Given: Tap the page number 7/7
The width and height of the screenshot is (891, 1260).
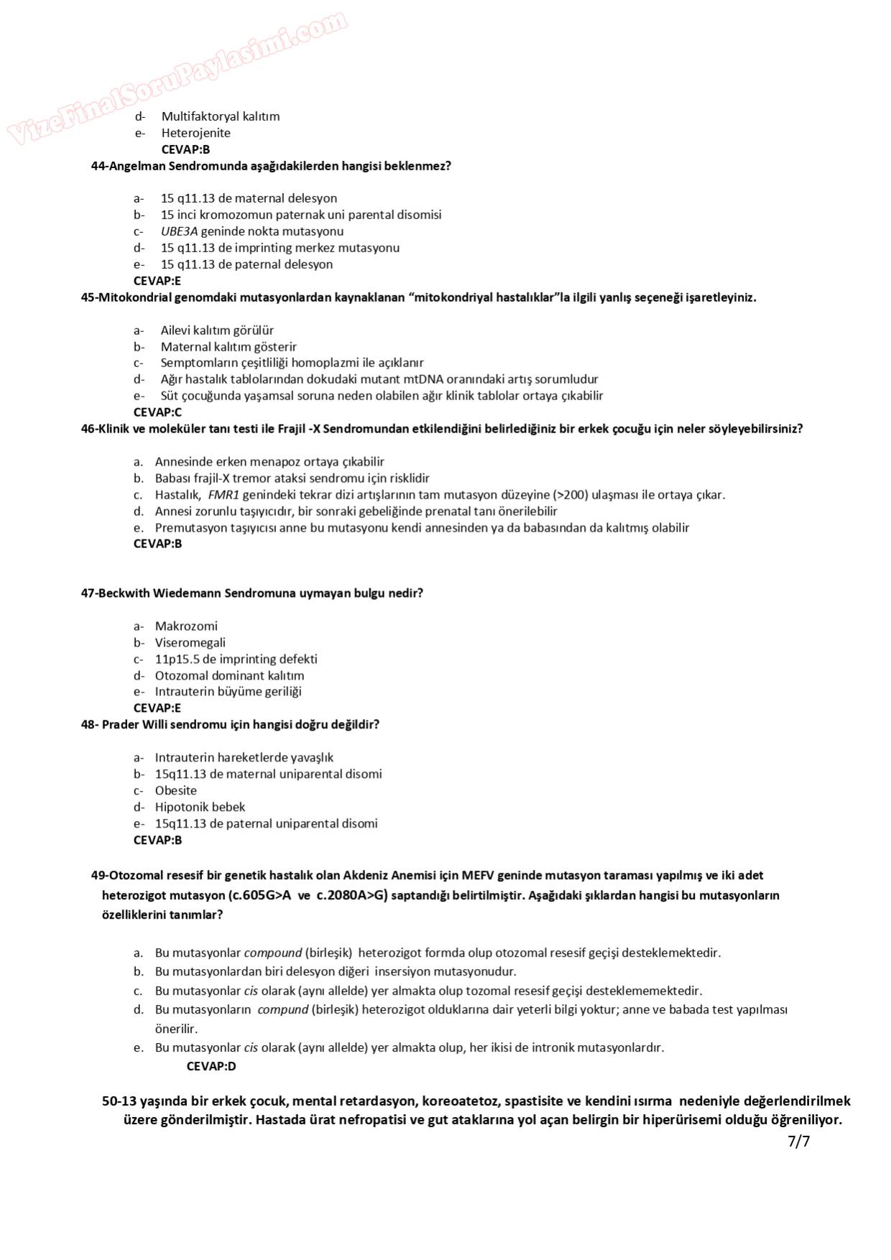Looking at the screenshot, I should [x=798, y=1141].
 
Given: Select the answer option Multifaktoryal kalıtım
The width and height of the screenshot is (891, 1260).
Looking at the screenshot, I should [x=220, y=116].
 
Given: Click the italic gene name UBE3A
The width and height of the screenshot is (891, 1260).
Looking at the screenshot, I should [x=179, y=231].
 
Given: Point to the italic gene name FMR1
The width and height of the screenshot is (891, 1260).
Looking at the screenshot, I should [x=223, y=495].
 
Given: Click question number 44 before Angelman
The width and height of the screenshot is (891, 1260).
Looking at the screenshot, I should [x=98, y=166].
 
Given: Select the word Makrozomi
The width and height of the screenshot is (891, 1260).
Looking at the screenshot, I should [x=186, y=626].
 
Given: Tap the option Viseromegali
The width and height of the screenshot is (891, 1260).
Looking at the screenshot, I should [x=190, y=643].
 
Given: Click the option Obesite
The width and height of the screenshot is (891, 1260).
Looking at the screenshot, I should [x=175, y=791].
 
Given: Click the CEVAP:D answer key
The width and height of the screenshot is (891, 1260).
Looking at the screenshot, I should [x=211, y=1066].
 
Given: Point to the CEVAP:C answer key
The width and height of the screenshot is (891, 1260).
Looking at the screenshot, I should [x=157, y=412].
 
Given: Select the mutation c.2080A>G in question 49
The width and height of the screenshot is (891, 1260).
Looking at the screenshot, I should [x=353, y=896].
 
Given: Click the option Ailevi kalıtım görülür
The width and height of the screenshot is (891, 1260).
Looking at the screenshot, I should [x=217, y=330].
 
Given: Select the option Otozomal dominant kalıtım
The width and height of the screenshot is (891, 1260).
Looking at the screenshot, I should [x=229, y=676].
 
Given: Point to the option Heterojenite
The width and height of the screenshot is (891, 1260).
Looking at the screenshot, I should [x=195, y=133].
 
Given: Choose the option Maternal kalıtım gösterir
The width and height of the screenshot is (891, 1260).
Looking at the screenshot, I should [x=228, y=347].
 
